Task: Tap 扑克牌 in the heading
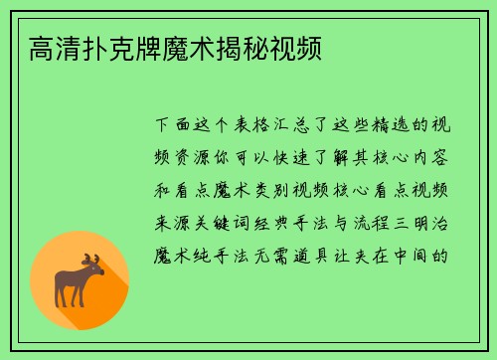pyautogui.click(x=129, y=48)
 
